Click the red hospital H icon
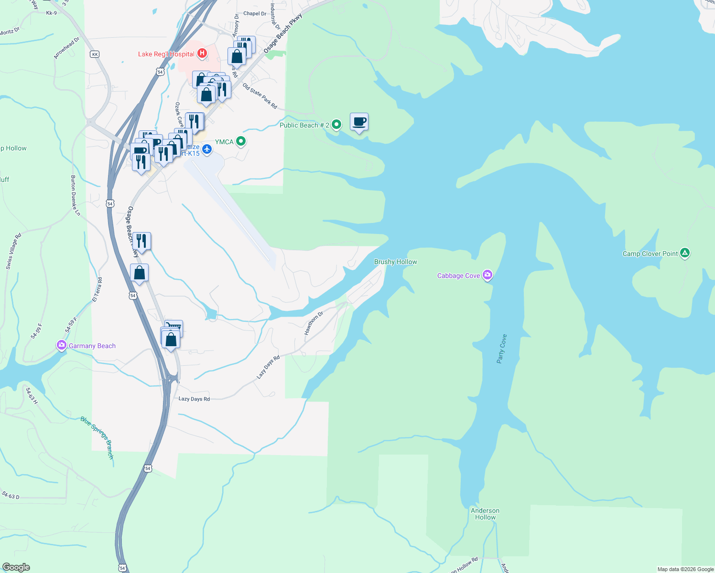(x=202, y=53)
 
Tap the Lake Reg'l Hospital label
(x=166, y=54)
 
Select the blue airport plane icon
(x=207, y=149)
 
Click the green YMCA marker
(x=241, y=141)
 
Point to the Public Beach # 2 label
(x=304, y=125)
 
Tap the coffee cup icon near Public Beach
(x=359, y=122)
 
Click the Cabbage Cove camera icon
(x=487, y=275)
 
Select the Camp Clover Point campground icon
(x=685, y=253)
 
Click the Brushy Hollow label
(x=395, y=262)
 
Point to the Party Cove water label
(x=501, y=349)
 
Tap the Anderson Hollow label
(x=485, y=514)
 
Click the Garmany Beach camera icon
(x=62, y=345)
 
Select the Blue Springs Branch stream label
(x=97, y=437)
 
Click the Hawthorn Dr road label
(x=314, y=323)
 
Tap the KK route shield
(x=95, y=54)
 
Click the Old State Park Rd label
(x=260, y=96)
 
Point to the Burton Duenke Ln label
(x=76, y=195)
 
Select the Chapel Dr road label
(x=255, y=14)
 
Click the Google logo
(x=16, y=567)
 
